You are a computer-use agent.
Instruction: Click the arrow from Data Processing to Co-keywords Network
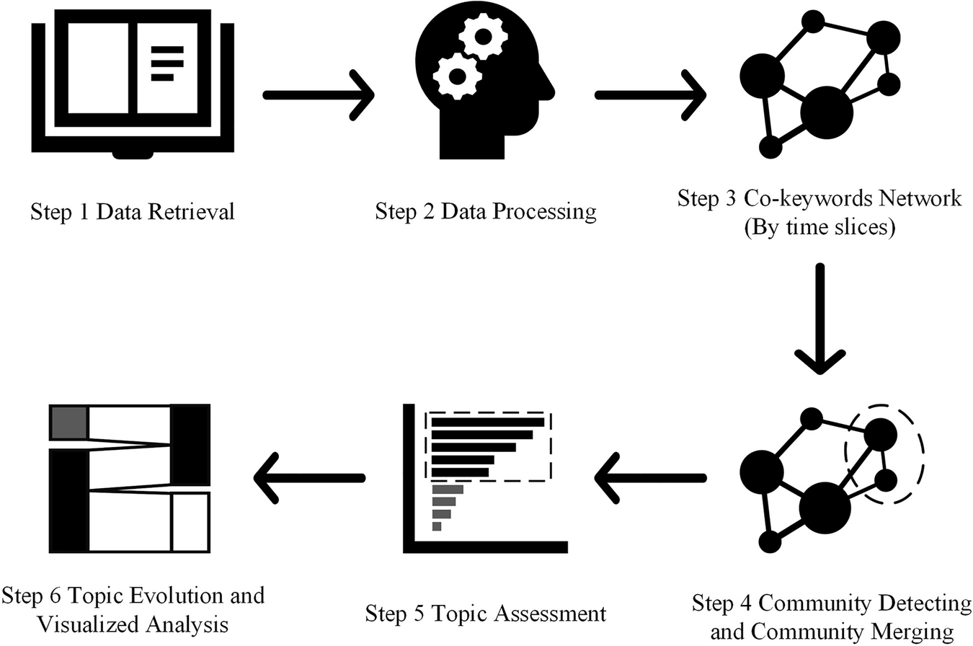pyautogui.click(x=649, y=94)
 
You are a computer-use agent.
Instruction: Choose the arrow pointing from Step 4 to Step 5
pyautogui.click(x=649, y=478)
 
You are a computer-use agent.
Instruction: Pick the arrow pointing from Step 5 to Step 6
pyautogui.click(x=310, y=478)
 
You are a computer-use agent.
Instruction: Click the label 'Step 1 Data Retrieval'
pyautogui.click(x=133, y=212)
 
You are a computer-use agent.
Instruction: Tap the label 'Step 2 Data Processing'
pyautogui.click(x=486, y=212)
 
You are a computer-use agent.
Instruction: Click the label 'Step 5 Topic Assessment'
pyautogui.click(x=486, y=614)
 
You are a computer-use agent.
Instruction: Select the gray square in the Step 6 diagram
pyautogui.click(x=69, y=422)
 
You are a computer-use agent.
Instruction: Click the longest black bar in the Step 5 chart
pyautogui.click(x=487, y=422)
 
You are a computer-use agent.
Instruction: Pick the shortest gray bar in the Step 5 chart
pyautogui.click(x=437, y=527)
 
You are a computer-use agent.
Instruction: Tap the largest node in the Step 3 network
pyautogui.click(x=826, y=112)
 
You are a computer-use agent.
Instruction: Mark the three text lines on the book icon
pyautogui.click(x=166, y=63)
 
